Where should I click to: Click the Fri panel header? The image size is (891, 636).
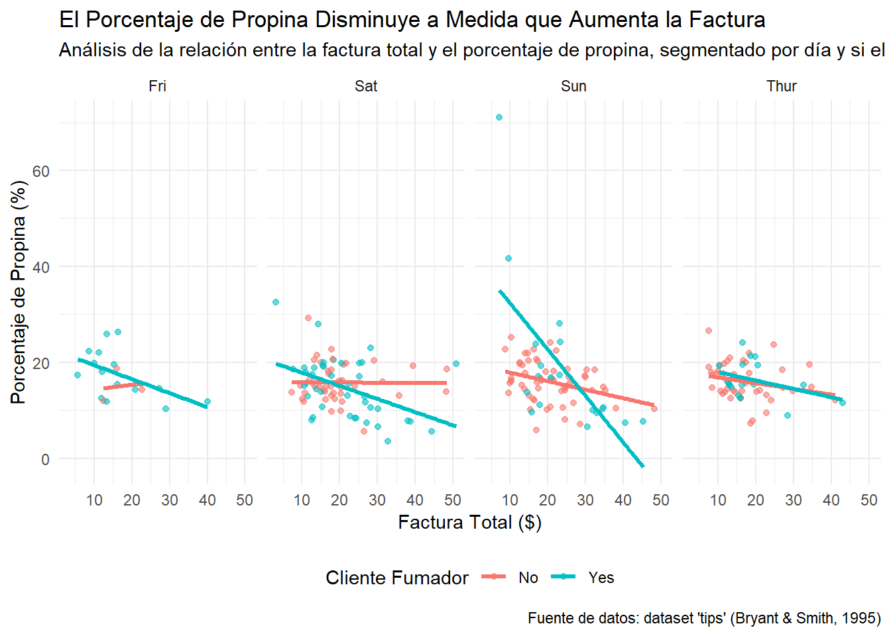pyautogui.click(x=157, y=86)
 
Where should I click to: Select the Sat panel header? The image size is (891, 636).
pyautogui.click(x=366, y=86)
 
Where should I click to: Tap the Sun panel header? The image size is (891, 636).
pyautogui.click(x=573, y=86)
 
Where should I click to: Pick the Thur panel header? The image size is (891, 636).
pyautogui.click(x=782, y=86)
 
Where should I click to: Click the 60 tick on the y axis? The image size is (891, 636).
pyautogui.click(x=41, y=172)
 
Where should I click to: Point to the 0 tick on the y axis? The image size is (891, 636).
pyautogui.click(x=45, y=459)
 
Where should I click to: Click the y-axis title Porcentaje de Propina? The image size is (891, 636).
pyautogui.click(x=19, y=292)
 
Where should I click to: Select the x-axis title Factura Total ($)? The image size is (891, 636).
pyautogui.click(x=469, y=523)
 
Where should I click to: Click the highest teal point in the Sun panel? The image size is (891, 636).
pyautogui.click(x=499, y=117)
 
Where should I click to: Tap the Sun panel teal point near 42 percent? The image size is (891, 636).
pyautogui.click(x=508, y=258)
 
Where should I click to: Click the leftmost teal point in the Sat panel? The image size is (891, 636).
pyautogui.click(x=276, y=302)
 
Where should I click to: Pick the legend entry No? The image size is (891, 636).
pyautogui.click(x=528, y=578)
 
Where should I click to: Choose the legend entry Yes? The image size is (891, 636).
pyautogui.click(x=601, y=578)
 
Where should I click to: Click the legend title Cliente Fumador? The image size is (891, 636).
pyautogui.click(x=397, y=578)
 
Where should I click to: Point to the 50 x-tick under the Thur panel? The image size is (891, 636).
pyautogui.click(x=868, y=500)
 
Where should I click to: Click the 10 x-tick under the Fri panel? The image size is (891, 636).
pyautogui.click(x=94, y=500)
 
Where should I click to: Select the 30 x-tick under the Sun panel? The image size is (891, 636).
pyautogui.click(x=585, y=500)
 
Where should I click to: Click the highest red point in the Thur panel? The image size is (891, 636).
pyautogui.click(x=709, y=331)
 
